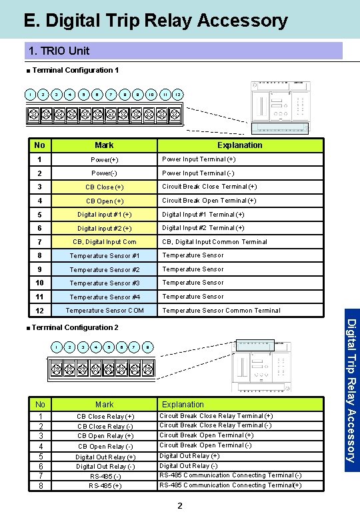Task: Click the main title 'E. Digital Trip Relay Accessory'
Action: (155, 21)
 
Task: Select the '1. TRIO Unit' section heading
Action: (59, 51)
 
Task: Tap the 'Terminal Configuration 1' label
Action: (75, 70)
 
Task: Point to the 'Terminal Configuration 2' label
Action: (75, 327)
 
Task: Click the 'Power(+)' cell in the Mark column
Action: (104, 159)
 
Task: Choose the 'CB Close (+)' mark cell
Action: (104, 187)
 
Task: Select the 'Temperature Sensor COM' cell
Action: (104, 311)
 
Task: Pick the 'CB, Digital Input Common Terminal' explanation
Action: (215, 242)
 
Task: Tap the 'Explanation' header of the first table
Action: (239, 145)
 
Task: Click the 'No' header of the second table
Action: (40, 405)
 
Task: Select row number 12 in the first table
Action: (39, 311)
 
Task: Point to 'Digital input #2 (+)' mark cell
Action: (104, 229)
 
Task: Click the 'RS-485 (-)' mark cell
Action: (105, 476)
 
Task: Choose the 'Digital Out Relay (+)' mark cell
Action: (105, 457)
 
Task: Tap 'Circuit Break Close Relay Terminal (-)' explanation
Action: (215, 425)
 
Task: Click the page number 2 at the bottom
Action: (180, 506)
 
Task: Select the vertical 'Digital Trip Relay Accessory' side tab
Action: (351, 390)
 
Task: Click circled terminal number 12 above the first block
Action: (178, 95)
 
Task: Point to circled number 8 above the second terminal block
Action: (148, 347)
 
